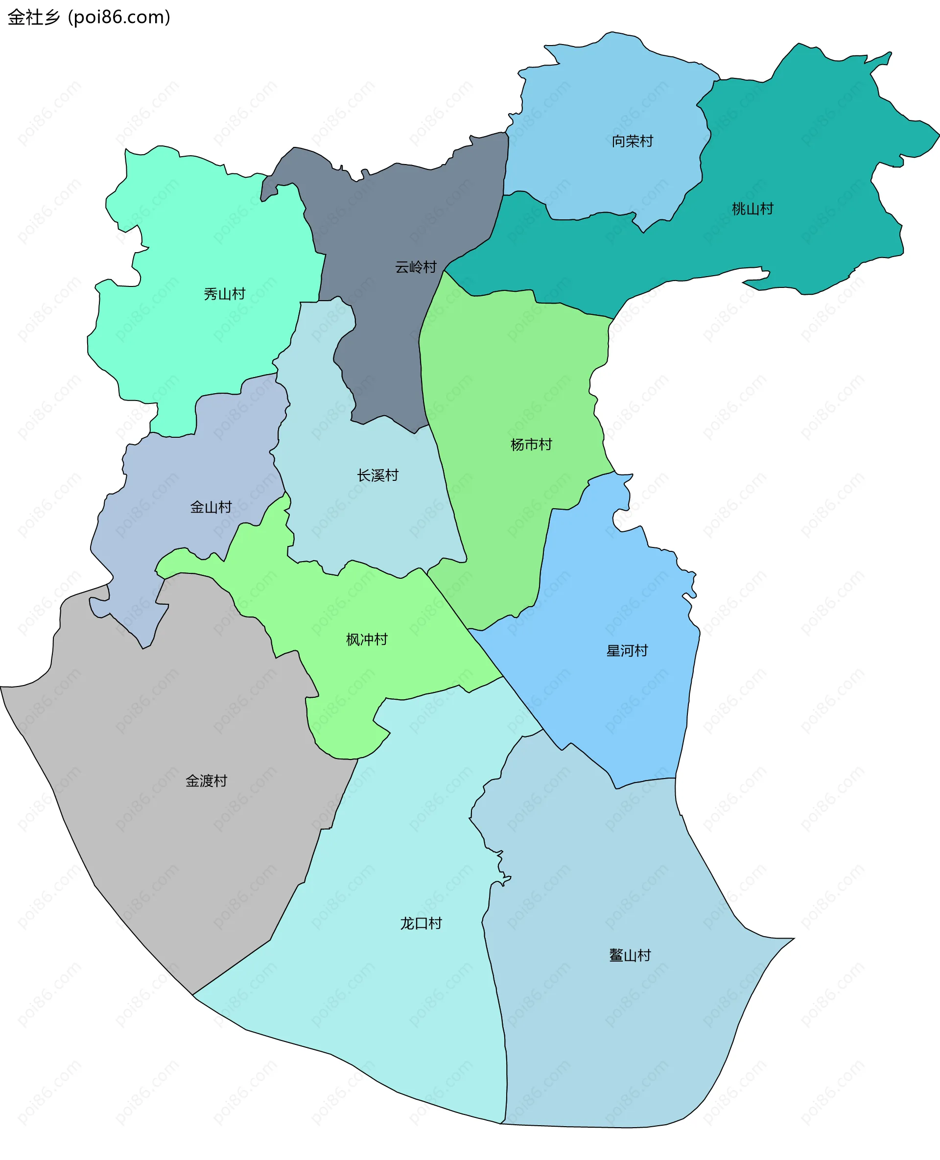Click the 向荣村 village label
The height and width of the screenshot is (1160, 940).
tap(632, 142)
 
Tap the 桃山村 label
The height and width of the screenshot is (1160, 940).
tap(752, 209)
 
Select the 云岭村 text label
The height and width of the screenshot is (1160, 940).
tap(415, 267)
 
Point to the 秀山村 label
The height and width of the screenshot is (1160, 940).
tap(224, 294)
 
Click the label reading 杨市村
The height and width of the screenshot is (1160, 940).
tap(531, 445)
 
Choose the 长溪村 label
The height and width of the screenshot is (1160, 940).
tap(377, 475)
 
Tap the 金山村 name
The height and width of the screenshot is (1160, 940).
tap(211, 507)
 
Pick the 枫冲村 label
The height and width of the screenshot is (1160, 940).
tap(367, 639)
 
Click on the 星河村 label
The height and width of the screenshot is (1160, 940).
tap(627, 650)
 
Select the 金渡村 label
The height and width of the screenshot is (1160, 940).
tap(206, 781)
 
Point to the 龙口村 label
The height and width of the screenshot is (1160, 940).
tap(421, 923)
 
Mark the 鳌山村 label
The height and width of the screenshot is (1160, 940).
tap(630, 955)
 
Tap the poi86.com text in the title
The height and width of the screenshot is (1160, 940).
tap(119, 17)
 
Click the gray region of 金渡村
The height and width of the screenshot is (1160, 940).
tap(163, 867)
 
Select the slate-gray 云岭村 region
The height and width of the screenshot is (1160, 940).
tap(390, 216)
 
